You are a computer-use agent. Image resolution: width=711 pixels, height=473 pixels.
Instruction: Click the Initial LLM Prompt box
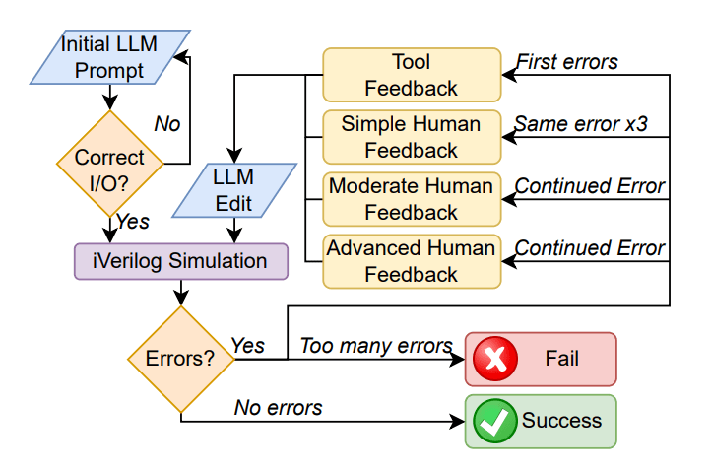(x=109, y=57)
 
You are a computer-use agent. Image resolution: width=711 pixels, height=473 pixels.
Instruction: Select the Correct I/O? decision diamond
(x=109, y=164)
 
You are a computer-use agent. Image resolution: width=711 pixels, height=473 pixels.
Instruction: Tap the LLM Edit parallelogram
(x=234, y=190)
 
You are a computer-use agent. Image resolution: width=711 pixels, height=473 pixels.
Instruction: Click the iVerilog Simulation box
(x=181, y=261)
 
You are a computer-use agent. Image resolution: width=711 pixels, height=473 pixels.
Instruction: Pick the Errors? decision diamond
(x=181, y=359)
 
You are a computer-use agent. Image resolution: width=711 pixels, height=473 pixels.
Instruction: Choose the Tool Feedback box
(x=412, y=75)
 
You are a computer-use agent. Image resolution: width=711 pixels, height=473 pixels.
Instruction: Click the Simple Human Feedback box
(x=412, y=137)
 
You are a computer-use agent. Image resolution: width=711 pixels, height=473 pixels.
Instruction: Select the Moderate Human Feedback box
(x=412, y=199)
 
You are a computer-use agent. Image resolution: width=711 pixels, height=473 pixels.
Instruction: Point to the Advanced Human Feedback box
(x=412, y=261)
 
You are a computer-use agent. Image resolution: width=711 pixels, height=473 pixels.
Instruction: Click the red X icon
(x=495, y=359)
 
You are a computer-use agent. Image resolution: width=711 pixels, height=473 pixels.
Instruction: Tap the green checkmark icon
(x=495, y=421)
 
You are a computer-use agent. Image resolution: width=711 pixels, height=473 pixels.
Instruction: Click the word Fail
(x=562, y=359)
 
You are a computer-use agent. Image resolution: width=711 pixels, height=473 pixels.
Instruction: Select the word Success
(x=562, y=421)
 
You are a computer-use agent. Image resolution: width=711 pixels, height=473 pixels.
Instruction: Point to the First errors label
(x=567, y=62)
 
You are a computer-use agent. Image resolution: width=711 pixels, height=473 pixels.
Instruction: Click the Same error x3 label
(x=581, y=124)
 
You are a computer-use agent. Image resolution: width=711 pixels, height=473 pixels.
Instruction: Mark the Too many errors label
(x=376, y=346)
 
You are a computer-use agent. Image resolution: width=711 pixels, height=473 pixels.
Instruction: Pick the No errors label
(x=279, y=408)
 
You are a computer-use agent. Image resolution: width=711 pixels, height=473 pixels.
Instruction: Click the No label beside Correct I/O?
(x=167, y=124)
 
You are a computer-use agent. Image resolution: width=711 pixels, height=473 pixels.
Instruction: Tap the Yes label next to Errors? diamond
(x=247, y=346)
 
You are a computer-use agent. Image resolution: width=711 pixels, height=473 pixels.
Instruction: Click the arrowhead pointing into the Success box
(x=457, y=421)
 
